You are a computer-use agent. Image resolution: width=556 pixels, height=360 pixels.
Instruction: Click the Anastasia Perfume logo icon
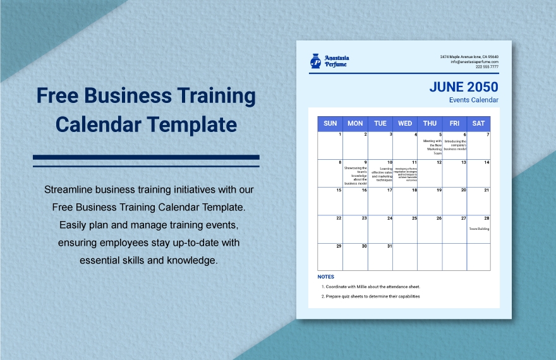(315, 61)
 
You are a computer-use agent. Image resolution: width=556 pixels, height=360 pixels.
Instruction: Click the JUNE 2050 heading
(464, 87)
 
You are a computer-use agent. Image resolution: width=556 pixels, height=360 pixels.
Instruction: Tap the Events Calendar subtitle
(473, 100)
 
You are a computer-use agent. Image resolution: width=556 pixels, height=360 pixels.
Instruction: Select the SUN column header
(330, 124)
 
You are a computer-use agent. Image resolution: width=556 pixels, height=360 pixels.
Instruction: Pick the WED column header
(405, 124)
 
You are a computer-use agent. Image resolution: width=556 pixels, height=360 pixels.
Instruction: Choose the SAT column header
(478, 124)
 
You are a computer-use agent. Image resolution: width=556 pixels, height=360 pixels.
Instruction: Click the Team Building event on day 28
(479, 229)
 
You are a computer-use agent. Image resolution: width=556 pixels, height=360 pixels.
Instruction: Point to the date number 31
(389, 246)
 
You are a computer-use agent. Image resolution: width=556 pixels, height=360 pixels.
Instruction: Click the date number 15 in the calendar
(339, 190)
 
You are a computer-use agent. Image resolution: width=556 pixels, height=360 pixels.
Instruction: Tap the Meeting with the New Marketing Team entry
(433, 147)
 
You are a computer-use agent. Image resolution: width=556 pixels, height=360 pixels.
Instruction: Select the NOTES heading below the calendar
(326, 277)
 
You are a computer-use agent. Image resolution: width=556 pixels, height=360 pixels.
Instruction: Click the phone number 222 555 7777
(486, 66)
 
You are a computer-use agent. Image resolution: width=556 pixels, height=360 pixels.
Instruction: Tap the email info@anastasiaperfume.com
(474, 61)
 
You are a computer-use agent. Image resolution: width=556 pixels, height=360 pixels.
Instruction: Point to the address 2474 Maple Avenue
(469, 57)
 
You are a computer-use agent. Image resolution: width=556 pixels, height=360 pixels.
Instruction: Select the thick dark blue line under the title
(146, 157)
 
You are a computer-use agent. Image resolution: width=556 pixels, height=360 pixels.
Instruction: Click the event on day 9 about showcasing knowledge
(356, 175)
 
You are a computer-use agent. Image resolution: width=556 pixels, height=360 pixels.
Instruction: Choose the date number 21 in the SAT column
(486, 190)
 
